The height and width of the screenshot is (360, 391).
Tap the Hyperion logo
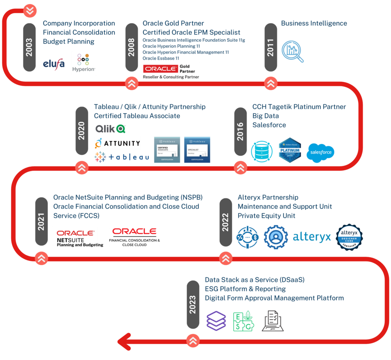pos(84,63)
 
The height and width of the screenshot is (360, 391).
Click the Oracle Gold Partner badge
pos(171,69)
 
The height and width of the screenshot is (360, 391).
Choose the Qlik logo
pos(110,128)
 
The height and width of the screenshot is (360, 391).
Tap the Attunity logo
pos(117,143)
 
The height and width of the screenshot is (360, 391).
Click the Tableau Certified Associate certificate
pos(167,150)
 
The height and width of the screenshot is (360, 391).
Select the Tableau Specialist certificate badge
pos(197,150)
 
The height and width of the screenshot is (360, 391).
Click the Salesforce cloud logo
pos(321,152)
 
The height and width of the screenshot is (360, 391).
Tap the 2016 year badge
pos(241,131)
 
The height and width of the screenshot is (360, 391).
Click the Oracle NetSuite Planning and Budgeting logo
pos(75,237)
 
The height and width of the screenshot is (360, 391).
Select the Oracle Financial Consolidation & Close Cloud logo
pos(134,237)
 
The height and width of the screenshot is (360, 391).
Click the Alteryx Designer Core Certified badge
pos(349,237)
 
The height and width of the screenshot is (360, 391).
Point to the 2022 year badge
pos(226,222)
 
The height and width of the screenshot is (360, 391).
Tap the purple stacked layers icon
pos(217,321)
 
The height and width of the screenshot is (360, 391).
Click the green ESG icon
pos(244,321)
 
